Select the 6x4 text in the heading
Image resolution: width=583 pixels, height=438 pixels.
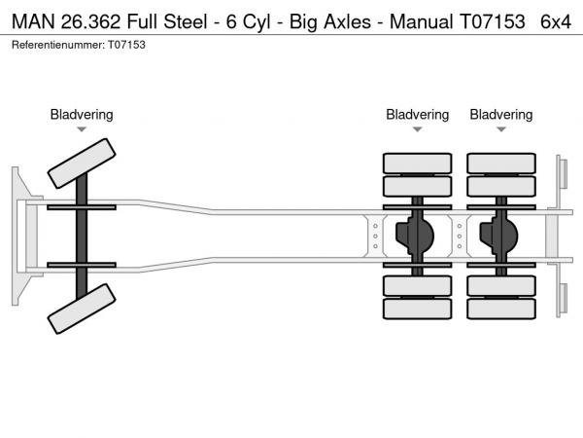(557, 21)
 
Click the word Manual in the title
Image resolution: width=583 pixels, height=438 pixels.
(421, 21)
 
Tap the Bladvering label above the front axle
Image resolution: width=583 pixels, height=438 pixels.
(82, 115)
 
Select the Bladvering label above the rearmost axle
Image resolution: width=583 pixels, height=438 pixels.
(501, 115)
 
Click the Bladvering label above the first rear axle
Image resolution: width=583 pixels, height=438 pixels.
(417, 115)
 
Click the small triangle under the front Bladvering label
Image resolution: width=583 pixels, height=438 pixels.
(82, 129)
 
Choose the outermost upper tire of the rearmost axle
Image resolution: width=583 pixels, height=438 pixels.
(501, 163)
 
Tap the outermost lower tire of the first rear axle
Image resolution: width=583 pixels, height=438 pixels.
(417, 310)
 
